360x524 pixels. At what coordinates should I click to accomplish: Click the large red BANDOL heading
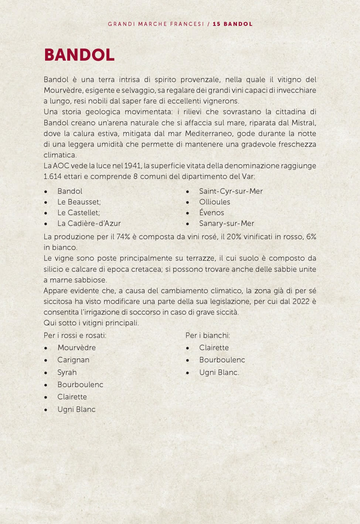[x=79, y=55]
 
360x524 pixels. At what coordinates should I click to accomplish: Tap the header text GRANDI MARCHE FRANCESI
[x=156, y=24]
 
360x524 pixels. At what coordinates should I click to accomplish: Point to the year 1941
[x=132, y=166]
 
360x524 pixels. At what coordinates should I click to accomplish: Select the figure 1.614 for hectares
[x=52, y=176]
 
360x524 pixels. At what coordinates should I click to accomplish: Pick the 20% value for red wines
[x=234, y=237]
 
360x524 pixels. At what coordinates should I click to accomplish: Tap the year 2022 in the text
[x=300, y=301]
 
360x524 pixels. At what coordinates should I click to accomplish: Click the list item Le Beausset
[x=79, y=202]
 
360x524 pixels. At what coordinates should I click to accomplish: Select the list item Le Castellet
[x=78, y=213]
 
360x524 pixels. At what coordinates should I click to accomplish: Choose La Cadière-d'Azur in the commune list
[x=89, y=223]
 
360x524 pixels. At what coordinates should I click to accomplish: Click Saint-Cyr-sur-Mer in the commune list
[x=231, y=191]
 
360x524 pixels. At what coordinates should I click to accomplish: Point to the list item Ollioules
[x=214, y=202]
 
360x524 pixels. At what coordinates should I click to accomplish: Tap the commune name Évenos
[x=211, y=213]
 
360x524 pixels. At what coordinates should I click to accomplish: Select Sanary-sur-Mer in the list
[x=227, y=223]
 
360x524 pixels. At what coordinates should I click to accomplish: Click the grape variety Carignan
[x=73, y=360]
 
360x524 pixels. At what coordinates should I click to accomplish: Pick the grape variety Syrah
[x=67, y=372]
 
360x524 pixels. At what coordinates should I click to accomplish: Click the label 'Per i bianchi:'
[x=207, y=335]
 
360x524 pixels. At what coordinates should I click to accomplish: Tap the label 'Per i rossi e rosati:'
[x=75, y=335]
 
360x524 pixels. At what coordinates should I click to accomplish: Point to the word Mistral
[x=303, y=123]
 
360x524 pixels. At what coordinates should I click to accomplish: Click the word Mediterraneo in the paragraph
[x=208, y=133]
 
